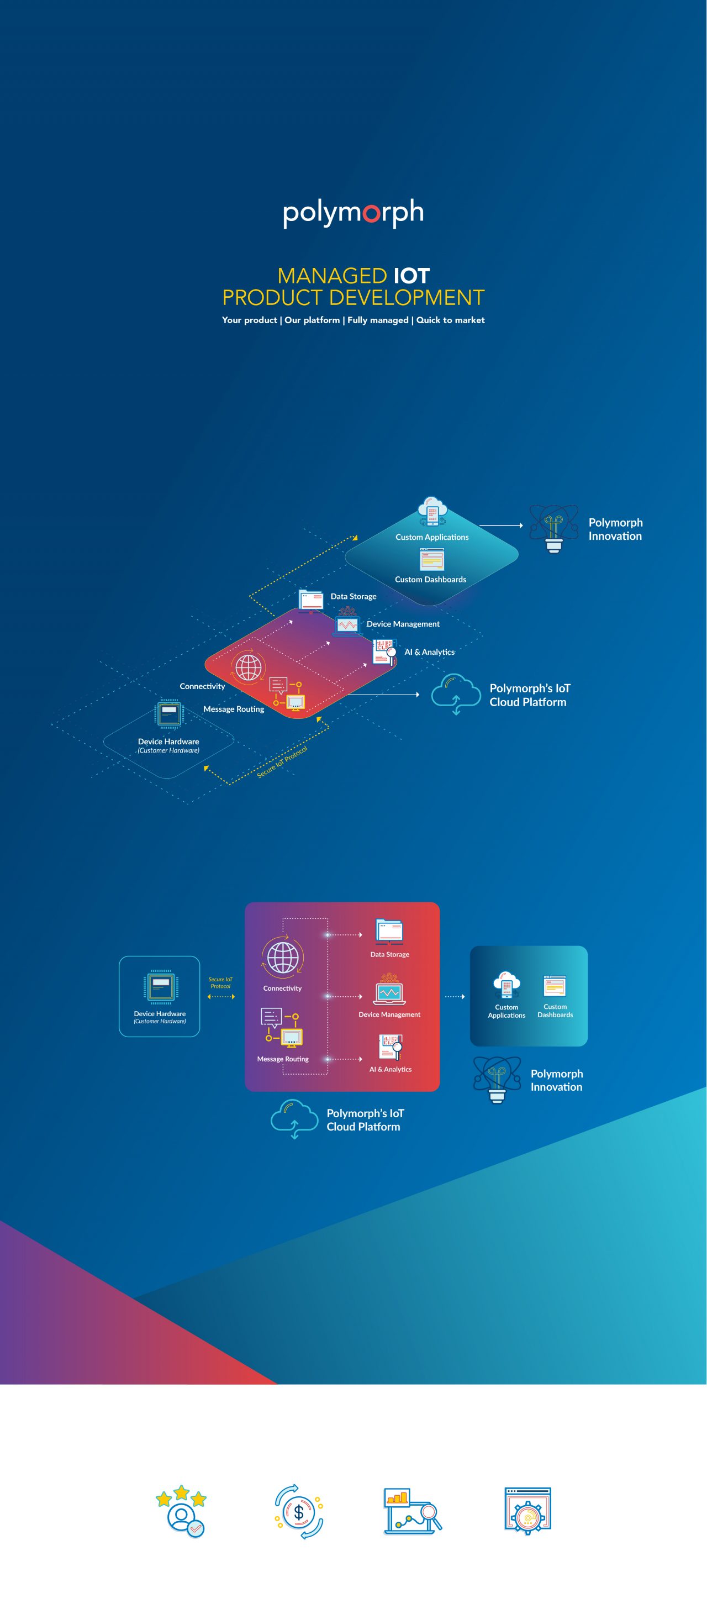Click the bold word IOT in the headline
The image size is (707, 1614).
click(411, 276)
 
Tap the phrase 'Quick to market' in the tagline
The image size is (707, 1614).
click(450, 320)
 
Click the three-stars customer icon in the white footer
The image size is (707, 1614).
click(181, 1511)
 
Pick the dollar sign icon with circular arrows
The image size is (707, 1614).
click(299, 1512)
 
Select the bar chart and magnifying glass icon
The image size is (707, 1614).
click(412, 1511)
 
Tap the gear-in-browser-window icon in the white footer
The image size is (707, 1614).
click(527, 1511)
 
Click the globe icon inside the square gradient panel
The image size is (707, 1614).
click(282, 958)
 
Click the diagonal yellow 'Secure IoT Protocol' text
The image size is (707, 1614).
click(282, 762)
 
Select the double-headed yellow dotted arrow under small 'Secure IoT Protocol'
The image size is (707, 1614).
click(221, 996)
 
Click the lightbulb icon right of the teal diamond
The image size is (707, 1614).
click(553, 528)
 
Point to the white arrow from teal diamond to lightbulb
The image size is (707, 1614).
click(500, 525)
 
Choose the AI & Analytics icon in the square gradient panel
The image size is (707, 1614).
click(390, 1047)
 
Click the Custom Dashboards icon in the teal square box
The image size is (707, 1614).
click(555, 986)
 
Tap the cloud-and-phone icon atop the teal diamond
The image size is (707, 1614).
click(432, 511)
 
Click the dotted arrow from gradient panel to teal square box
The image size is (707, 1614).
click(455, 996)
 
